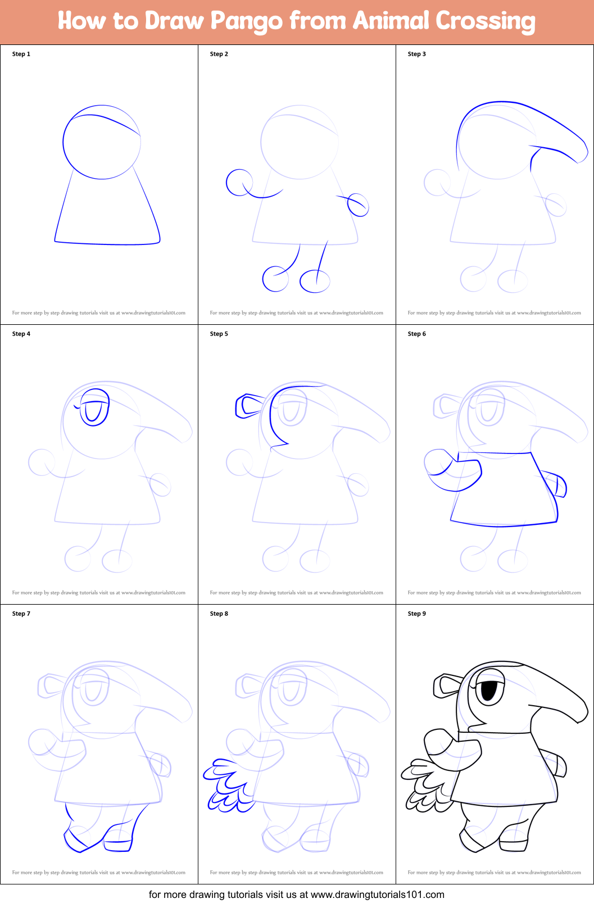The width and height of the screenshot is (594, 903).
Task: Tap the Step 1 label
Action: pyautogui.click(x=21, y=54)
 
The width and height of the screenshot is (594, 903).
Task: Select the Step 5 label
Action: pyautogui.click(x=219, y=334)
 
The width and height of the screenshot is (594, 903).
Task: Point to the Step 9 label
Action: pyautogui.click(x=417, y=614)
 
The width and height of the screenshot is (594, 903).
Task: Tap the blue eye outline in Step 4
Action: pyautogui.click(x=94, y=407)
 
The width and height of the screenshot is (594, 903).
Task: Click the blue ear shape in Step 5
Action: pyautogui.click(x=248, y=406)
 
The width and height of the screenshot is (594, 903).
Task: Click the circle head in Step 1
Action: pyautogui.click(x=101, y=143)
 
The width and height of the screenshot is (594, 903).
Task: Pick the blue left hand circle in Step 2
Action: pyautogui.click(x=238, y=183)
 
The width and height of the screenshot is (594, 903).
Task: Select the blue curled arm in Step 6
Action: pyautogui.click(x=450, y=471)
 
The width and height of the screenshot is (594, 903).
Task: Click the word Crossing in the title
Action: pyautogui.click(x=486, y=22)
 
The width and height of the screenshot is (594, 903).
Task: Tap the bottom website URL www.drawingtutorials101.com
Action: pyautogui.click(x=377, y=895)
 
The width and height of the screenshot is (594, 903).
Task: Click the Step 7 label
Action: pyautogui.click(x=21, y=614)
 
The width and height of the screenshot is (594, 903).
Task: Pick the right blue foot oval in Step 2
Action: pyautogui.click(x=315, y=281)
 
